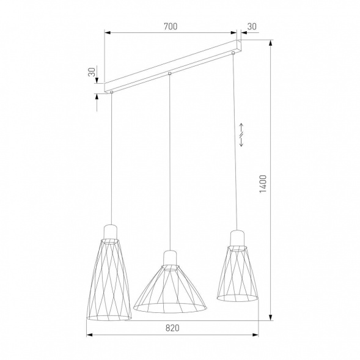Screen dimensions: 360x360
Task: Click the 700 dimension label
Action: click(171, 26)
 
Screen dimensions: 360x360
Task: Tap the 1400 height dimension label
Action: click(263, 183)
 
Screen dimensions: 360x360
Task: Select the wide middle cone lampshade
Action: click(170, 287)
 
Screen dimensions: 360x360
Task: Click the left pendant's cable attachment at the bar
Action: click(112, 92)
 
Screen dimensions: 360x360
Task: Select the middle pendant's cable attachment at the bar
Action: click(170, 75)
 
